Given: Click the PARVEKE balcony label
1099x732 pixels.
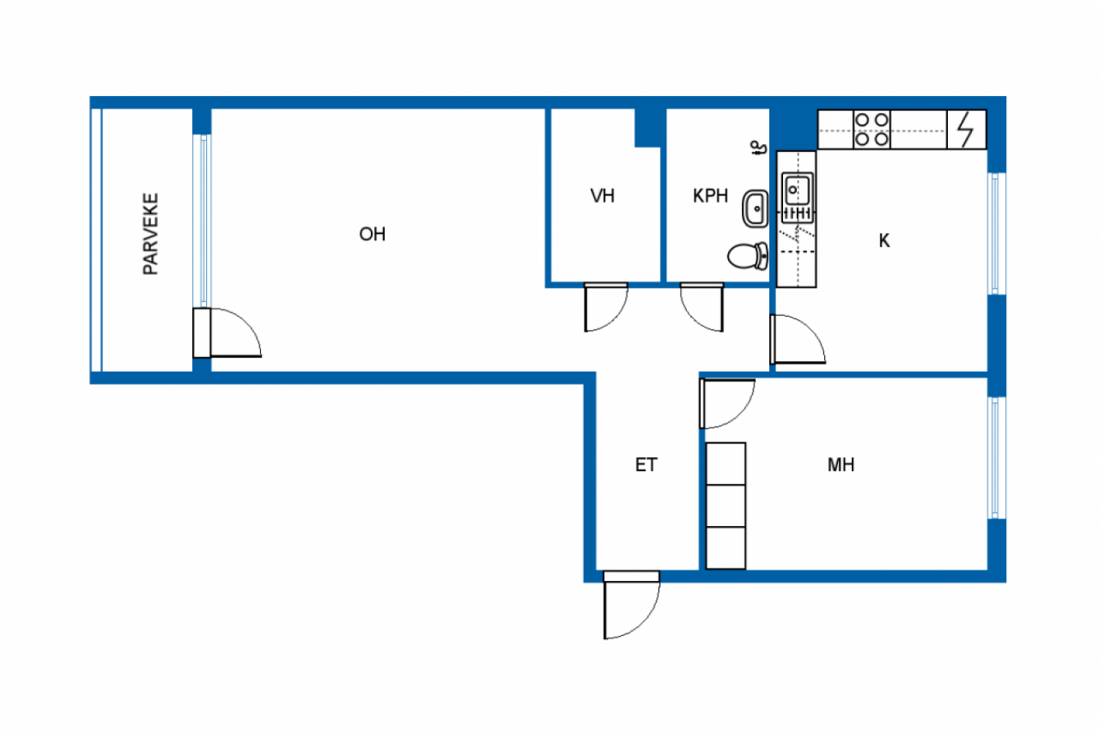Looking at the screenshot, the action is [x=150, y=234].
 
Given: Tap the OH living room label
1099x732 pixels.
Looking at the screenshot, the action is [x=373, y=234].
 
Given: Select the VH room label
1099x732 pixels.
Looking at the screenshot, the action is [x=602, y=197].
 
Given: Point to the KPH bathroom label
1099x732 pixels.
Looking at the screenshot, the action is [x=710, y=197].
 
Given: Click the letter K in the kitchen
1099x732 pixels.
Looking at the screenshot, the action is [x=884, y=241].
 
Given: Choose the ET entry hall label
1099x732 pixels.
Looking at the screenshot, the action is [x=646, y=465].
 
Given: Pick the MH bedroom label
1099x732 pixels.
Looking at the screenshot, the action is [x=841, y=465].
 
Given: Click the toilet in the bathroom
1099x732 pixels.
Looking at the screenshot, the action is [x=748, y=257].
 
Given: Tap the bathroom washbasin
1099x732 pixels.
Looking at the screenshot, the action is [x=755, y=209].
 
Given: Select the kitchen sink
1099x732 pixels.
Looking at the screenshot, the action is [x=798, y=189].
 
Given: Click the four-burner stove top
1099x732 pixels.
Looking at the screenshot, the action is [x=871, y=130].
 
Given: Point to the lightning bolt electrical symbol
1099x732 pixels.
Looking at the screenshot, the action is [x=966, y=130].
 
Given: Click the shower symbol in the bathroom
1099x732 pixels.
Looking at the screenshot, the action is [x=759, y=148].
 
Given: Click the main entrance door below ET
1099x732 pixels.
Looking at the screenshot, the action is [x=631, y=605].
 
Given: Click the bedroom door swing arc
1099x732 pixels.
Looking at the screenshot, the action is [x=741, y=414].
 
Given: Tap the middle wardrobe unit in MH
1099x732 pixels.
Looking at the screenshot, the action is [x=726, y=506].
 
